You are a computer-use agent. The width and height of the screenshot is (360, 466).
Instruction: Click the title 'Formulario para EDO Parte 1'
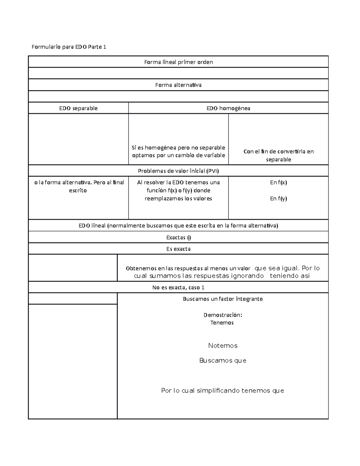click(x=69, y=47)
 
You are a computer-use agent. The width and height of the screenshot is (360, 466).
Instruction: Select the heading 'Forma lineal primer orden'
click(x=178, y=62)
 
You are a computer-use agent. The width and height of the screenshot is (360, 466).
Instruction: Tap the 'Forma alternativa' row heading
click(x=178, y=85)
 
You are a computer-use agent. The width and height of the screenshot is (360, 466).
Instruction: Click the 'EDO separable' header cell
click(x=78, y=108)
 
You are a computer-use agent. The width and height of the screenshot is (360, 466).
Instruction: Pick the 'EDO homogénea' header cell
click(x=228, y=108)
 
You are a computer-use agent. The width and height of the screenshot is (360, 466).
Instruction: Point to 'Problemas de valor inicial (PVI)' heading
click(x=178, y=171)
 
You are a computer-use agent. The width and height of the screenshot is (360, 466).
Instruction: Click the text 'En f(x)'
click(x=278, y=182)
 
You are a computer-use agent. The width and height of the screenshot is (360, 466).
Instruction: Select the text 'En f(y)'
click(x=278, y=198)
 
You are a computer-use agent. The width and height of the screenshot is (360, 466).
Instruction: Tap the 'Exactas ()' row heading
click(x=178, y=237)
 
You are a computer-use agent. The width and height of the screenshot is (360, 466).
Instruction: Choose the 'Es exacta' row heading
click(x=178, y=249)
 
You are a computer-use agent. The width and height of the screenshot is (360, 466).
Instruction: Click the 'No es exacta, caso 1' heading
click(x=178, y=287)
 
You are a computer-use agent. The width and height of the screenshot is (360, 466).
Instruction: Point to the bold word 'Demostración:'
click(x=223, y=315)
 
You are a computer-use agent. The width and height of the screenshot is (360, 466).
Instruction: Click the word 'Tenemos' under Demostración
click(x=222, y=323)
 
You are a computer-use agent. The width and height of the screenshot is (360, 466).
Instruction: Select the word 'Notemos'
click(x=223, y=346)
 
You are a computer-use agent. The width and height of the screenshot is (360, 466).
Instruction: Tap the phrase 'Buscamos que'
click(x=223, y=361)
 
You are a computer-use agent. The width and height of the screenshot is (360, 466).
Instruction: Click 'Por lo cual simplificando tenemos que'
click(x=223, y=391)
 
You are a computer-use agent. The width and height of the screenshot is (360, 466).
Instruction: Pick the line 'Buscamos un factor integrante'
click(x=223, y=299)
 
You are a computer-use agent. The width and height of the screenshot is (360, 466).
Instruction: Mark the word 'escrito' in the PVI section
click(x=78, y=191)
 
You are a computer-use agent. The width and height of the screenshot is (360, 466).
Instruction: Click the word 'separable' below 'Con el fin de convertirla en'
click(x=278, y=160)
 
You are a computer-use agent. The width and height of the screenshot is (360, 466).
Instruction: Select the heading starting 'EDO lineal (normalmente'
click(x=178, y=226)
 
